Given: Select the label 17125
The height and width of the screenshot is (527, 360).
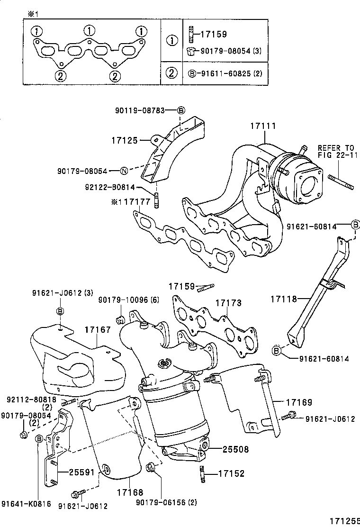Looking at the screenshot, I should [124, 140].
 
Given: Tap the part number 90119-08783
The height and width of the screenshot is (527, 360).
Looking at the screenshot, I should [139, 110].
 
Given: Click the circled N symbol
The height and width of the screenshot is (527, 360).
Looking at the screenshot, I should [123, 171].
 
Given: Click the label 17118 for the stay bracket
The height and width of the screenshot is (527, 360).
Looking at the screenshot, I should [284, 299].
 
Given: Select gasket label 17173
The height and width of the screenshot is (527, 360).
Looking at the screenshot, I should [229, 302].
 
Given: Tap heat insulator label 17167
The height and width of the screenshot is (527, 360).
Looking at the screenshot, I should [98, 329].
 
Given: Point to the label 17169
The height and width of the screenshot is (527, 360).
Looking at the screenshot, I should [299, 402].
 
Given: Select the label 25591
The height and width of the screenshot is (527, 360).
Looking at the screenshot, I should [81, 472].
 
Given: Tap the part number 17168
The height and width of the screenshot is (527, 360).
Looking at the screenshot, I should [130, 493].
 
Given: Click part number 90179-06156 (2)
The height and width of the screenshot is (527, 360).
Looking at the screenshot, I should [166, 502].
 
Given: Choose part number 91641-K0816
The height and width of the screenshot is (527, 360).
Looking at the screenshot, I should [26, 504].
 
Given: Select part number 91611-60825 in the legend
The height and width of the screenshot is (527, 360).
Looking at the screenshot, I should [222, 73].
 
